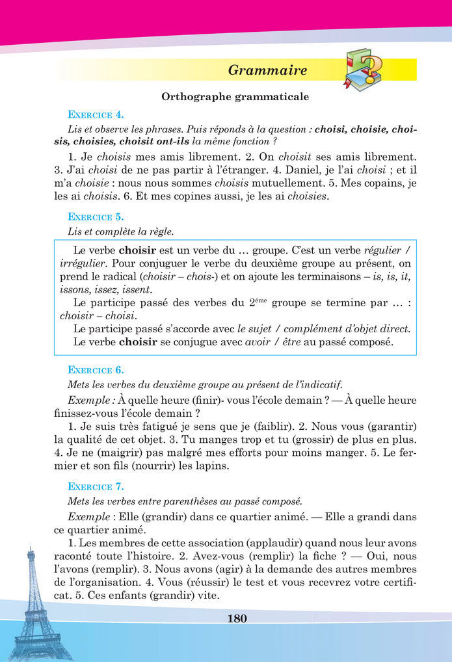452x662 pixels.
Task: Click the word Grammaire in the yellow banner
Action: [268, 70]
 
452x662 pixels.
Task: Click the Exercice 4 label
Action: [96, 115]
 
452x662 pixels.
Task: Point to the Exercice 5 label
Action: [96, 217]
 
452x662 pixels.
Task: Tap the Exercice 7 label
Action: [96, 486]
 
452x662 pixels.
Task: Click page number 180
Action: [237, 618]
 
